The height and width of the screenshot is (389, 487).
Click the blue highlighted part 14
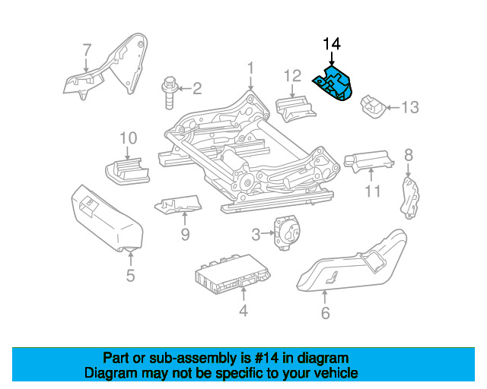336,86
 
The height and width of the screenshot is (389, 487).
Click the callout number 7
86,50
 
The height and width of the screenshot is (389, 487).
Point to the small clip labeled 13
372,106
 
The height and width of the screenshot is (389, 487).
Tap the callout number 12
293,75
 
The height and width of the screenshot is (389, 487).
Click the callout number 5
130,274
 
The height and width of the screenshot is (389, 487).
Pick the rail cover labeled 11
368,160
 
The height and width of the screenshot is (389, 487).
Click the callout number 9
185,234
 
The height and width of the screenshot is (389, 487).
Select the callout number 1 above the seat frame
250,70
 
